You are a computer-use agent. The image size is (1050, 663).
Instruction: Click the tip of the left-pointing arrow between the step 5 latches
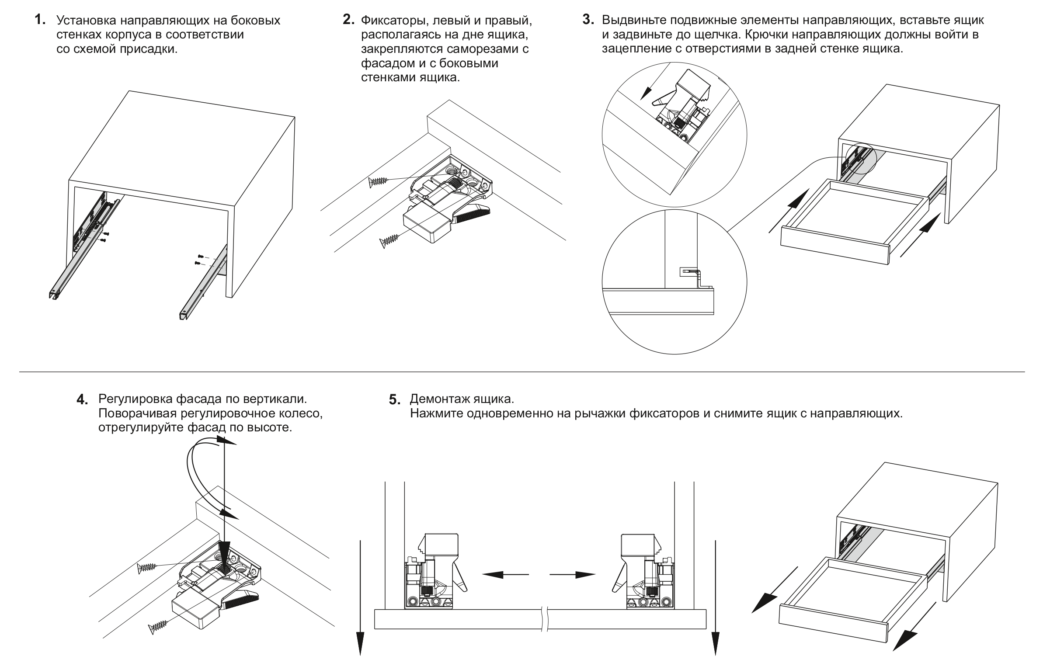481,575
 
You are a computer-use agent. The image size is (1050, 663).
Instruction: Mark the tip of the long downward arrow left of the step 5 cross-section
361,656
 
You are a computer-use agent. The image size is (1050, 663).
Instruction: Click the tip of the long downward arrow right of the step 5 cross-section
715,656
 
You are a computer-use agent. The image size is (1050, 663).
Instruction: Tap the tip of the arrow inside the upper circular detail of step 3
641,101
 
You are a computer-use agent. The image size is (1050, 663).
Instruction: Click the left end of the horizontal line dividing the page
19,372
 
